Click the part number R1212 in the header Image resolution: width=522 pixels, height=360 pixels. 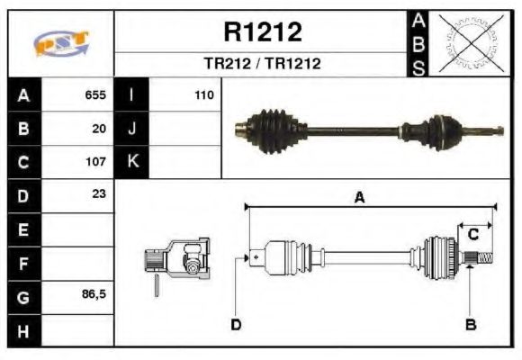(x=262, y=32)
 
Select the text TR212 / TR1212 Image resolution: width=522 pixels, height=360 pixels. (x=262, y=64)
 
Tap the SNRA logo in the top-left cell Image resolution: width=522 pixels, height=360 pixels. (x=61, y=43)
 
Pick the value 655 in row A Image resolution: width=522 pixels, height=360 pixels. (x=95, y=94)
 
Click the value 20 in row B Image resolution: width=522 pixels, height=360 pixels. (x=99, y=129)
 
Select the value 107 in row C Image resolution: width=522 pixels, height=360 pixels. (x=95, y=163)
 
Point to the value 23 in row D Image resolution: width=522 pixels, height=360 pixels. (x=99, y=193)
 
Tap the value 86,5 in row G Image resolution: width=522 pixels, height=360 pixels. (x=94, y=294)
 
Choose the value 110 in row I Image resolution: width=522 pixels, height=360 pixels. (x=202, y=94)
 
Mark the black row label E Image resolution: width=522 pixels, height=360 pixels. (x=23, y=230)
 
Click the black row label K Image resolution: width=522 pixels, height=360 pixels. (x=131, y=163)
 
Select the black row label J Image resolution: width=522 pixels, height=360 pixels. (x=131, y=129)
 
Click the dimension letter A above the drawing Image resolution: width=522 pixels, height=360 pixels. (x=359, y=199)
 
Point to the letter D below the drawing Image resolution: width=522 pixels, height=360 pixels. (x=236, y=324)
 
